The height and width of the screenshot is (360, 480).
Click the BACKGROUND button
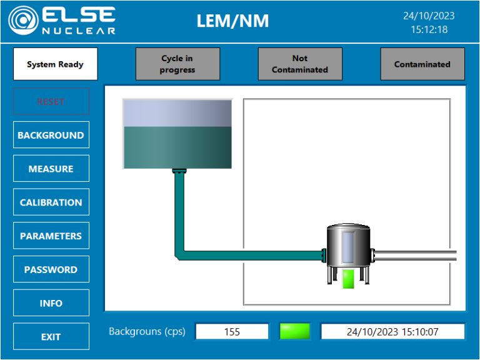point(51,135)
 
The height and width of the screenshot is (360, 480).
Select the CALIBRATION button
point(51,202)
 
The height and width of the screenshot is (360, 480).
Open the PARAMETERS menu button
point(51,236)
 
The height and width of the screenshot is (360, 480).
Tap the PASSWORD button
point(51,270)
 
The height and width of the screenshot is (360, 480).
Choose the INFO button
point(51,303)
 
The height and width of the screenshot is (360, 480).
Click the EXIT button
point(51,337)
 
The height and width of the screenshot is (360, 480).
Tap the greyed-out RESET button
point(51,101)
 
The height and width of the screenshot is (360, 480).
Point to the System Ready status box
point(55,64)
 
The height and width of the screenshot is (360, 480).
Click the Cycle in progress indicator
point(177,64)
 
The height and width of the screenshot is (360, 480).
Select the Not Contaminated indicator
point(300,64)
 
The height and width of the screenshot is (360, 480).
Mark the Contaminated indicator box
point(422,64)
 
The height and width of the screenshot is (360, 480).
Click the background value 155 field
point(232,332)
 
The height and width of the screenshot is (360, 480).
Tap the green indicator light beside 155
point(295,331)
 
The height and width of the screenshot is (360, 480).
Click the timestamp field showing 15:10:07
point(392,332)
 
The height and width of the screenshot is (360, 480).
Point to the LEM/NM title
point(232,21)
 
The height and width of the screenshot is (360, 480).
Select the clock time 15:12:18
point(429,29)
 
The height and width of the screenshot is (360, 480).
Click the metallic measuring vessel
point(347,247)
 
